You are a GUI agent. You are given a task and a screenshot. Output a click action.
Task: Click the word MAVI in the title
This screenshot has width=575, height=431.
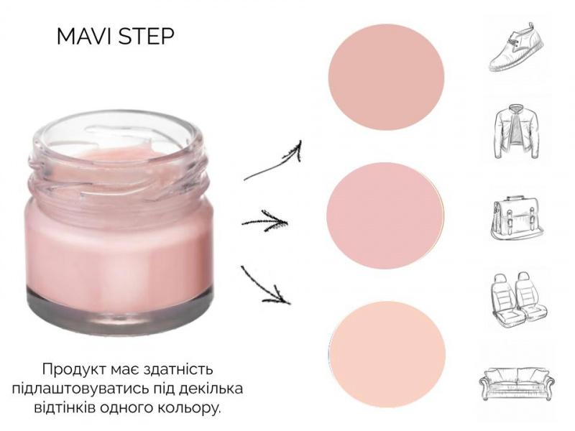click(86, 37)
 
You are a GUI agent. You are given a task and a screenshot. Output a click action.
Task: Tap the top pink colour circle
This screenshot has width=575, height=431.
click(386, 78)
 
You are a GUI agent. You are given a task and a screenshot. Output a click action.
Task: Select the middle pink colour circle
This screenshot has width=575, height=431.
click(385, 216)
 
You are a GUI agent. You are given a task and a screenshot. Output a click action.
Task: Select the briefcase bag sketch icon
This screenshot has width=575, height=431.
click(517, 219)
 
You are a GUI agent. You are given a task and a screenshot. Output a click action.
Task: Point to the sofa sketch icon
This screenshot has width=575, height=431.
click(516, 383)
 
